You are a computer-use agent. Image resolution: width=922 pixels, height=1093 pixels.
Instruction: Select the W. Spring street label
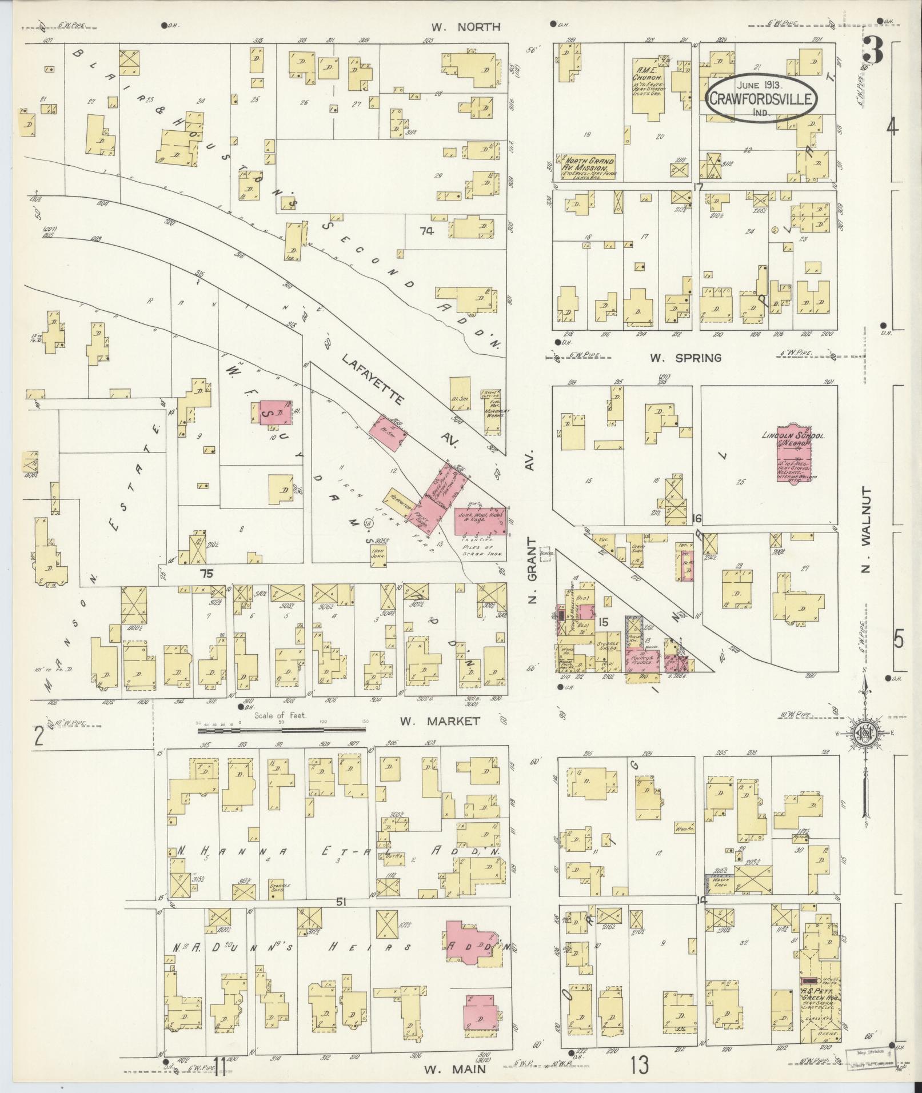[x=685, y=358]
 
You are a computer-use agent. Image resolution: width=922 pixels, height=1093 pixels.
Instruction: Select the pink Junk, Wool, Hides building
[x=481, y=521]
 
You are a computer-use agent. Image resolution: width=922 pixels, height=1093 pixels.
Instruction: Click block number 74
[x=426, y=231]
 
